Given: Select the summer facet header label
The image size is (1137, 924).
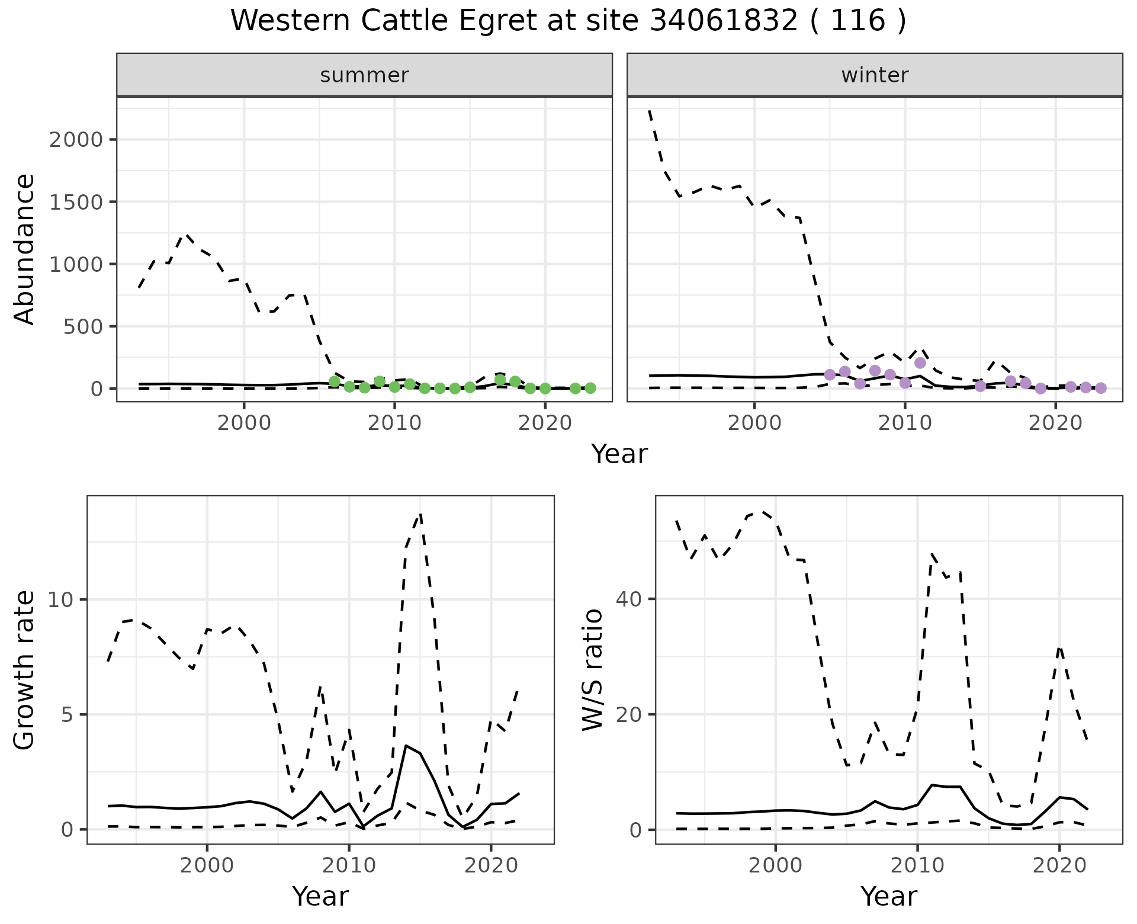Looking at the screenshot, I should [364, 75].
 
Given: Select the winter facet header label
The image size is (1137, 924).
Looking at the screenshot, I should [875, 75].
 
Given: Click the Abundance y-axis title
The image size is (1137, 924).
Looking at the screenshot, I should [25, 249].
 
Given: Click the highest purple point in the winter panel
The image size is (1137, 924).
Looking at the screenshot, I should [920, 363].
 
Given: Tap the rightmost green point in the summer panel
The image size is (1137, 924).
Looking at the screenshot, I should [590, 388].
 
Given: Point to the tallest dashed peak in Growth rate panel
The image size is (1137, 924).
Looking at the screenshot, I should [420, 514].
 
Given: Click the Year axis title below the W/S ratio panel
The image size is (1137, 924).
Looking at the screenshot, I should [888, 896].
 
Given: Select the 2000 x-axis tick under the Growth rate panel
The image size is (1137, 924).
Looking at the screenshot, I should [207, 865].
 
